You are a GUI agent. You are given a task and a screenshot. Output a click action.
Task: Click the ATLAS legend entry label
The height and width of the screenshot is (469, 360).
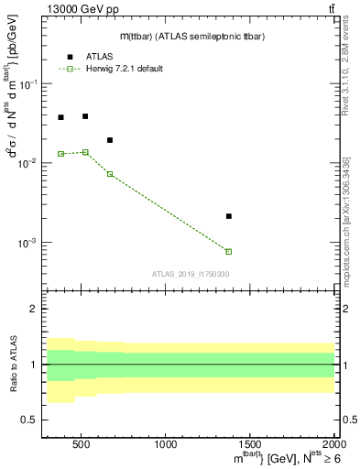click(99, 56)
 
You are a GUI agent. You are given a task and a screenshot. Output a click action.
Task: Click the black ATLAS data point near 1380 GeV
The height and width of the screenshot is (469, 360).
click(229, 216)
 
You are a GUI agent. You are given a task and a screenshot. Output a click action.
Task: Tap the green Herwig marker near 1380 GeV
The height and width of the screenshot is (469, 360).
click(229, 251)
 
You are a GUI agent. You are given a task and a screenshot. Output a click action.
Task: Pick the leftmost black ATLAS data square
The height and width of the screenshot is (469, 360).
click(60, 117)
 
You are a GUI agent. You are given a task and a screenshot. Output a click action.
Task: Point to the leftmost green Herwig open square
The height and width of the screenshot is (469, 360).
click(60, 154)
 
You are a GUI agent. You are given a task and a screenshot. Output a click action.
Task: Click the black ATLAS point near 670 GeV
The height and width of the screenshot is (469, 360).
click(110, 140)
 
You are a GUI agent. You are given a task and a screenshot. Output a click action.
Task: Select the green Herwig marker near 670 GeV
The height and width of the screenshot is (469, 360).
click(110, 174)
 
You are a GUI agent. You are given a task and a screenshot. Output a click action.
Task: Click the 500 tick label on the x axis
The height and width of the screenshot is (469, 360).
click(81, 445)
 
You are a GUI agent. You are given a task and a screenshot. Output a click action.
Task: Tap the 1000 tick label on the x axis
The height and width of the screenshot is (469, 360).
click(166, 445)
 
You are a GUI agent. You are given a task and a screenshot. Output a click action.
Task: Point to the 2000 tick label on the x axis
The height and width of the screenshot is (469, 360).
click(333, 445)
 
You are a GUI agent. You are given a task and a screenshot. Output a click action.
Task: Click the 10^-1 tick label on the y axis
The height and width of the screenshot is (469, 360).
click(29, 84)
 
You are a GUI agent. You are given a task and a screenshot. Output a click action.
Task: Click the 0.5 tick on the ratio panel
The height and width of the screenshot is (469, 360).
click(29, 420)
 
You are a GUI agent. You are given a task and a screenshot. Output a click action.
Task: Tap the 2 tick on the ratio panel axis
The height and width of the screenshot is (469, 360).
click(35, 310)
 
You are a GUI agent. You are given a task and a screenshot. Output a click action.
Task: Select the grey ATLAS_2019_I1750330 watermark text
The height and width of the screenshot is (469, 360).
click(191, 274)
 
